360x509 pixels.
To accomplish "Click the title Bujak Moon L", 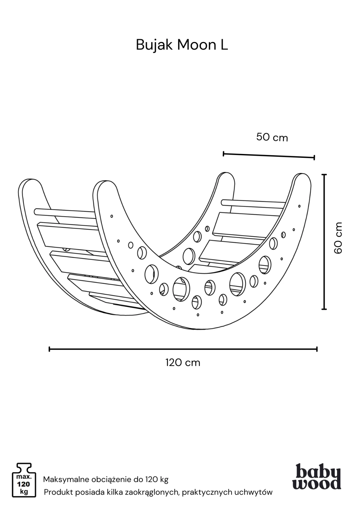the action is click(182, 45).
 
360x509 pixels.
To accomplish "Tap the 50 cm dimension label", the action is click(272, 137).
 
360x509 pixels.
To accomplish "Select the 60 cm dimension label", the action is click(338, 238).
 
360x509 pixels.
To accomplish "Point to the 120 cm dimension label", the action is click(183, 362).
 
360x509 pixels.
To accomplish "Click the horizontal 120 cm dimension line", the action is click(183, 349).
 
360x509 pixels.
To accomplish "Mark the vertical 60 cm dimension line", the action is click(324, 242).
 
